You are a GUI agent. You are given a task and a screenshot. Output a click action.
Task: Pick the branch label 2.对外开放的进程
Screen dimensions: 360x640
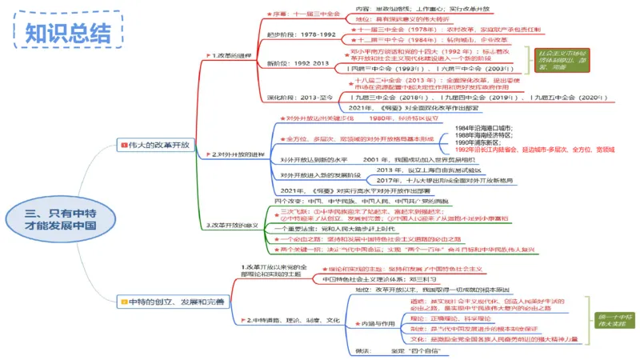click(x=238, y=154)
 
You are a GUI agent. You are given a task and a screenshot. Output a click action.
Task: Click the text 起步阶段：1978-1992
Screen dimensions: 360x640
click(x=301, y=35)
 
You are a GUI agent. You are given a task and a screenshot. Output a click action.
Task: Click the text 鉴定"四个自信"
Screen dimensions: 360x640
click(x=403, y=351)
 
